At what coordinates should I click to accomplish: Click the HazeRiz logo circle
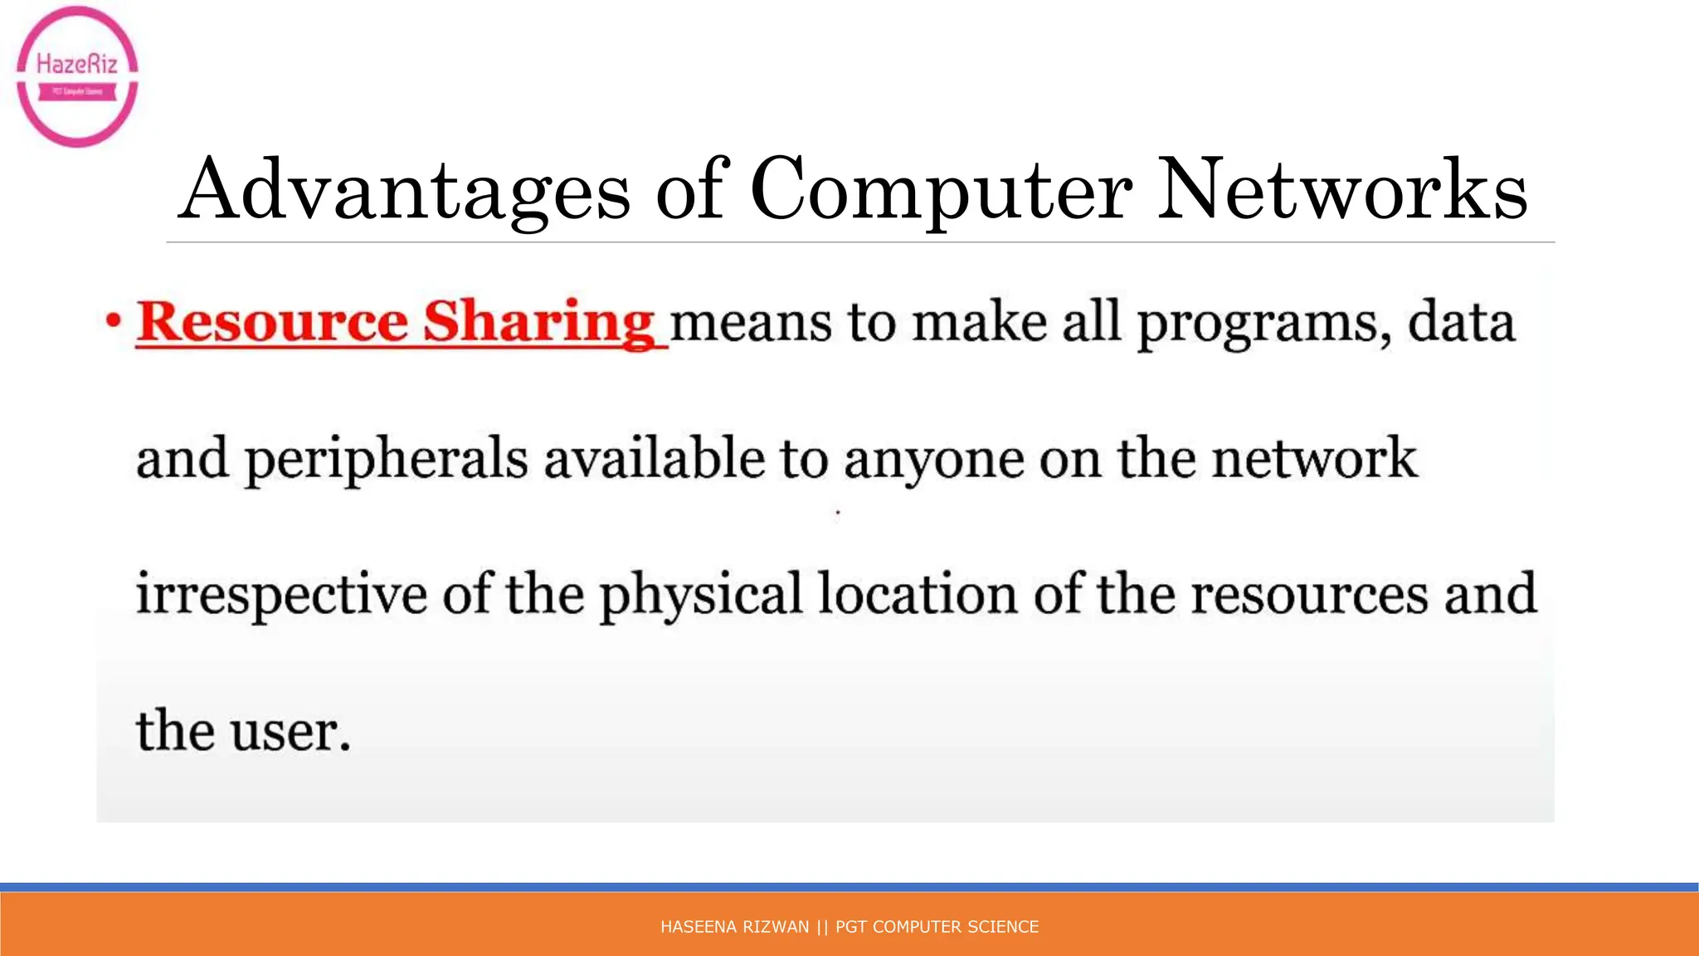click(77, 76)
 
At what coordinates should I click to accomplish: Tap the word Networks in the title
click(1341, 190)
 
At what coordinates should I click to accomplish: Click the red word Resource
click(273, 321)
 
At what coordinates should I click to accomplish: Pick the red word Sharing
click(540, 323)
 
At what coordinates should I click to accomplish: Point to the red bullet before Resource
click(114, 321)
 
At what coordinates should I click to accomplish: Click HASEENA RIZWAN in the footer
click(734, 927)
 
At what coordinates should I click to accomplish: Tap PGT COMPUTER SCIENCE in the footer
click(937, 927)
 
